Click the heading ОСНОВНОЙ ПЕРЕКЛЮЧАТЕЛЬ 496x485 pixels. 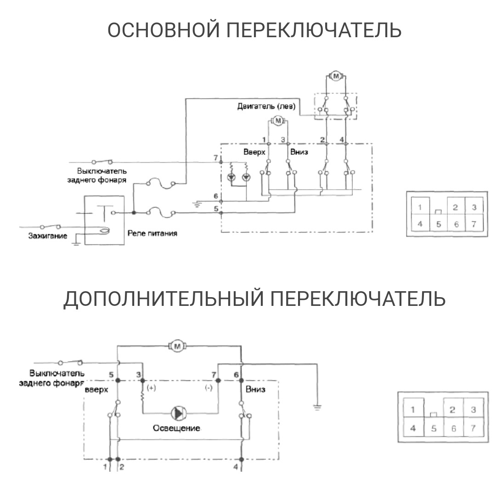(254, 31)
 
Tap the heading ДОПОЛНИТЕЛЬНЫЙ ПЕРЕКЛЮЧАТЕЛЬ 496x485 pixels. (254, 299)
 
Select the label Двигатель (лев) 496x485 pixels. (266, 107)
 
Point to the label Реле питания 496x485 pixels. (152, 234)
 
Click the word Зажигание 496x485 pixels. (45, 236)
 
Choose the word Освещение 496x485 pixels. (177, 428)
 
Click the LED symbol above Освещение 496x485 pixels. (177, 413)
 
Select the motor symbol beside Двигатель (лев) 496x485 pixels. (277, 121)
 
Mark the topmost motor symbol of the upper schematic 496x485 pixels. (335, 76)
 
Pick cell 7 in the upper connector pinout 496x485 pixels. (473, 225)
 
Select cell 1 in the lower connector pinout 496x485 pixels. (413, 410)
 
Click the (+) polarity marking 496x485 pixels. (151, 388)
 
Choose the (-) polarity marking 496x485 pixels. (208, 388)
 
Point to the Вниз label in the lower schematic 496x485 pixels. (255, 389)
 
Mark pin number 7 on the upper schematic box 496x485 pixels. (215, 158)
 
